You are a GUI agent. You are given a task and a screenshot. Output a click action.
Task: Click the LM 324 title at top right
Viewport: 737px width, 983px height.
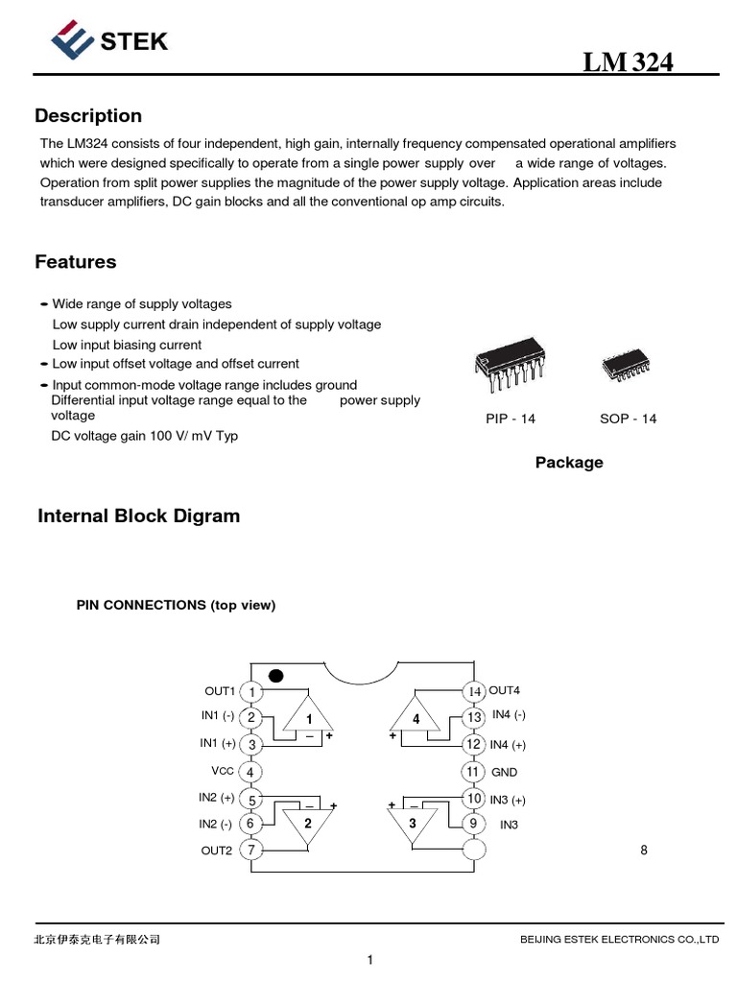(x=629, y=62)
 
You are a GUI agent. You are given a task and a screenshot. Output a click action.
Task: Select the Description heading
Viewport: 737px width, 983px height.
(x=88, y=116)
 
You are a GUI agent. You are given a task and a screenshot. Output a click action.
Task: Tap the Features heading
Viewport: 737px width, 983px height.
(x=76, y=262)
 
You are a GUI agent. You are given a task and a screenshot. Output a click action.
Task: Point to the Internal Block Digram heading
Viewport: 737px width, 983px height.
(x=138, y=516)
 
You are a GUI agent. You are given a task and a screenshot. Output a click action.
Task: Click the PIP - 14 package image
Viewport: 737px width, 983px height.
(x=509, y=370)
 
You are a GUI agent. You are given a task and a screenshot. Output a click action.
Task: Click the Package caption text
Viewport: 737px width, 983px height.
(x=569, y=463)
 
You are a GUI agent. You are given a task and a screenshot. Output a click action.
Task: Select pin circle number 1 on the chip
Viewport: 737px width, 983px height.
(x=251, y=692)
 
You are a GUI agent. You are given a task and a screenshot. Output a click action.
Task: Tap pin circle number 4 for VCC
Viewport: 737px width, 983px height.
(x=251, y=772)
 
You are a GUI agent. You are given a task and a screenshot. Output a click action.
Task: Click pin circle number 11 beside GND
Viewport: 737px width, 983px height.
(x=472, y=772)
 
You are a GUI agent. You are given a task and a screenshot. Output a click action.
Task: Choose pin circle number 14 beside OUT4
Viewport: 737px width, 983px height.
(x=473, y=692)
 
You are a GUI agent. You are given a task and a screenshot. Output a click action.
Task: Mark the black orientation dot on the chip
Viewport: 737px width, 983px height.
(x=276, y=676)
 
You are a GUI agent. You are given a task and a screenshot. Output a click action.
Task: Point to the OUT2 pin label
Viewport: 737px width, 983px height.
(x=217, y=851)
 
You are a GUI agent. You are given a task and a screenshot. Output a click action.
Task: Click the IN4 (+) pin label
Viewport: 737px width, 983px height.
(x=508, y=745)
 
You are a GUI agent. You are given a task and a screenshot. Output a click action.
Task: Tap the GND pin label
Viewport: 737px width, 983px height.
(x=504, y=772)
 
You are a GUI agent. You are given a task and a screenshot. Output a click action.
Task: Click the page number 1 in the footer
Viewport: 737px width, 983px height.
(x=369, y=960)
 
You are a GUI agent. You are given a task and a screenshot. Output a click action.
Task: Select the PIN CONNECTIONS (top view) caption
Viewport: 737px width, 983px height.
(x=176, y=606)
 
